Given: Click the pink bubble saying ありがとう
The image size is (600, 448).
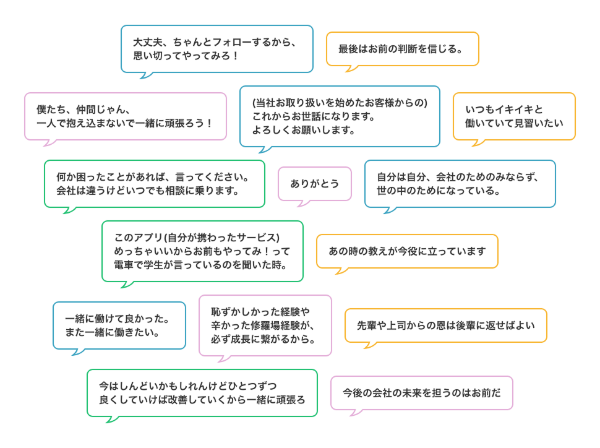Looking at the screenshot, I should click(314, 184).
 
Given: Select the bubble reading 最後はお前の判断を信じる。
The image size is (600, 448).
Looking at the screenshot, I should click(402, 49).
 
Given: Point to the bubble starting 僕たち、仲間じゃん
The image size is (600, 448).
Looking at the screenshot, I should click(125, 116).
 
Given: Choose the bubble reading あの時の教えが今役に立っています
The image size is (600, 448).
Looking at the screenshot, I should click(407, 251).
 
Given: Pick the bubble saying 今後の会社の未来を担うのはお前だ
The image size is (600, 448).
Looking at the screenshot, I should click(421, 392).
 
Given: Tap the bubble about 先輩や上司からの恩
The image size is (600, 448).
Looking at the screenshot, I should click(445, 325).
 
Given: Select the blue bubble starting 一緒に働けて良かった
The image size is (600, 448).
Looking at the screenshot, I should click(119, 325).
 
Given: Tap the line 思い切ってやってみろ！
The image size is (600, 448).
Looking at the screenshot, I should click(186, 56).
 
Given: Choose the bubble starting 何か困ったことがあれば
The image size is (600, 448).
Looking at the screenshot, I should click(154, 183).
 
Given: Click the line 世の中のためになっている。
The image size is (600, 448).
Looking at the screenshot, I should click(439, 191).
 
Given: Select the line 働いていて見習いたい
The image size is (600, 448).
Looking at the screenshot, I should click(514, 123).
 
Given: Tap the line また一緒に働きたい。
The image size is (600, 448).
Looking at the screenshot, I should click(113, 332).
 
